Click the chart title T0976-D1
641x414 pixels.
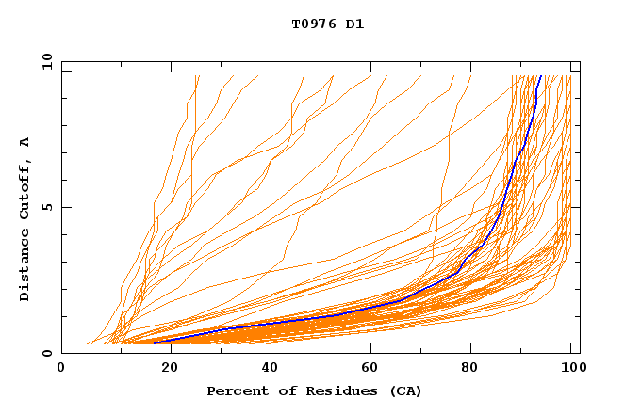(327, 24)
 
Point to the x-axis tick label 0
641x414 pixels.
(61, 368)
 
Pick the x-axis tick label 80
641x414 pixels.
(470, 368)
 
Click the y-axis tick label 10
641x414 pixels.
(45, 61)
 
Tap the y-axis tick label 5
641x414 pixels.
(49, 207)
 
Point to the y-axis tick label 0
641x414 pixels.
(49, 353)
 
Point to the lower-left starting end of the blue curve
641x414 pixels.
(155, 342)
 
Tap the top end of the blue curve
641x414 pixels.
(540, 76)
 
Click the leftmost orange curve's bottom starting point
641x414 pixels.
(88, 343)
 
